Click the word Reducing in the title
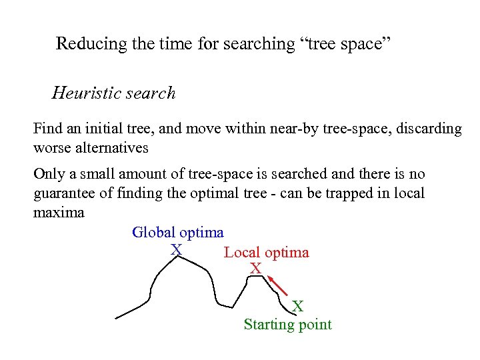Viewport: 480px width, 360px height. click(81, 44)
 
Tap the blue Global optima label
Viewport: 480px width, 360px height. click(178, 233)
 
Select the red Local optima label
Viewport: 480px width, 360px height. click(267, 253)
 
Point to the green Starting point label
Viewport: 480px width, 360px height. click(287, 325)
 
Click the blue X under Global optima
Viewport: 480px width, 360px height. click(176, 249)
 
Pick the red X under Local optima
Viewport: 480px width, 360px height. click(255, 269)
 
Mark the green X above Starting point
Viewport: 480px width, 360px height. click(298, 307)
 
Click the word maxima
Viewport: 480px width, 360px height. click(59, 213)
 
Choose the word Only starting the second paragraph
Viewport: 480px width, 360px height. click(48, 175)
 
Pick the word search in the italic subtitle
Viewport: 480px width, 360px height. click(153, 93)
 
